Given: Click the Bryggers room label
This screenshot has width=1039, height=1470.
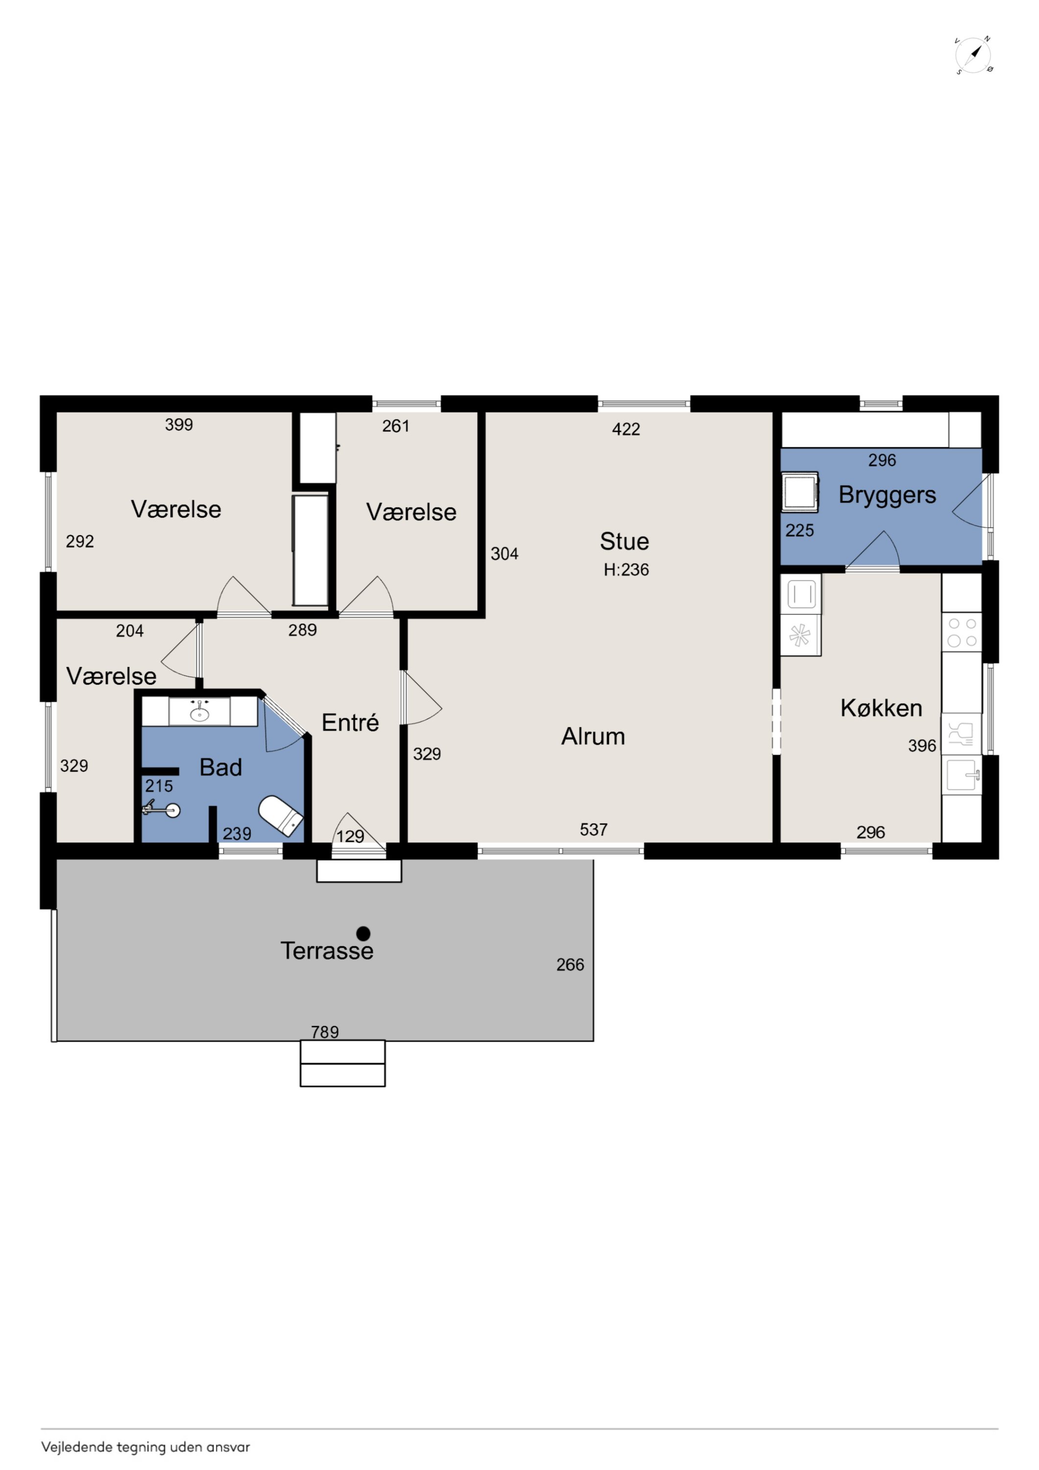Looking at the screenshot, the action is [x=887, y=495].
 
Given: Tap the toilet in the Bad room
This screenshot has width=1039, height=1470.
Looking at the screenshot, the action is [x=280, y=816].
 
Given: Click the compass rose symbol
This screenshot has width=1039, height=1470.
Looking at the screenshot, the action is [x=973, y=55].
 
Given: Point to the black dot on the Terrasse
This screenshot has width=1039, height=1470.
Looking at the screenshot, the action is [x=363, y=933].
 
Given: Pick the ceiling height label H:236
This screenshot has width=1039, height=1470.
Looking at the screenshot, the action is [x=626, y=570].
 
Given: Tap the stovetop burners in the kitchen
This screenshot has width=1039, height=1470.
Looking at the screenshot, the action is [x=962, y=632].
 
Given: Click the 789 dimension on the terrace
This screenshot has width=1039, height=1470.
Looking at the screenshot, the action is [x=325, y=1032].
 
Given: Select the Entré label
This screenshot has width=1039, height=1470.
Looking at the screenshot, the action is [x=350, y=723].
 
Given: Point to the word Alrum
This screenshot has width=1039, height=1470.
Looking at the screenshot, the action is [x=593, y=736].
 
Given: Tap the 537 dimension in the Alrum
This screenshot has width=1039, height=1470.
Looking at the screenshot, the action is [x=593, y=830].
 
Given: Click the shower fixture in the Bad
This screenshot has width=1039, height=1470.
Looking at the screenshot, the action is [x=161, y=809].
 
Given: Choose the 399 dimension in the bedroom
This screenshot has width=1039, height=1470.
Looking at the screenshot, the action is [x=179, y=424].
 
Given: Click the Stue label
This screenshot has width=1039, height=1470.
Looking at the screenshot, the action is [x=624, y=541].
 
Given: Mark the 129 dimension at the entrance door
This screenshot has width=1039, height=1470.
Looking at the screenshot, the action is [x=350, y=836].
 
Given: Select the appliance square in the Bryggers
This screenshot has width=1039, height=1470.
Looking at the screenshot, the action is [x=799, y=492].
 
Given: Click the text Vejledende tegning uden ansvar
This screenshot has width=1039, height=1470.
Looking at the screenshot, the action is [x=145, y=1447].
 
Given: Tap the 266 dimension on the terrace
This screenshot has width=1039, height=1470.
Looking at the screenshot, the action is [x=570, y=965].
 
